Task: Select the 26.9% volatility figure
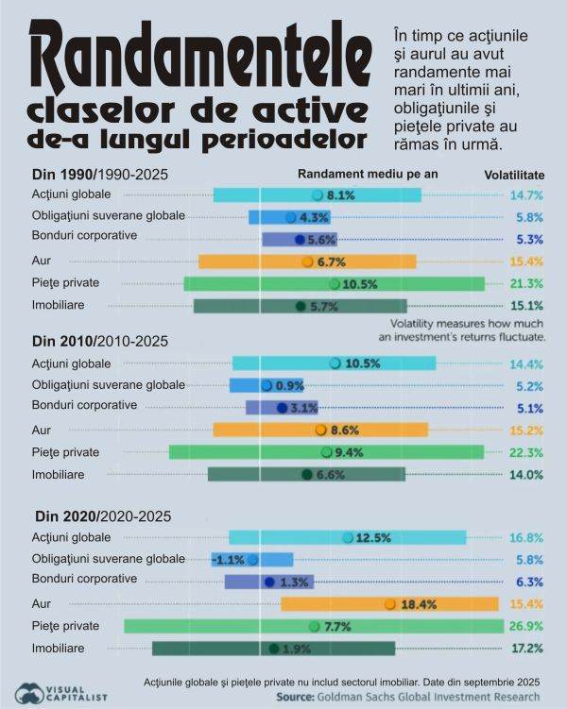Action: click(x=526, y=626)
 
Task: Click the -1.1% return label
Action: click(x=229, y=560)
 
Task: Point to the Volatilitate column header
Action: click(x=514, y=175)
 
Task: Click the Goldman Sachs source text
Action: click(x=407, y=697)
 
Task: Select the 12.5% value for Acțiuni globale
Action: click(x=372, y=538)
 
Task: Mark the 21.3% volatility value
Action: click(x=526, y=283)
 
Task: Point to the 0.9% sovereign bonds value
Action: click(x=289, y=385)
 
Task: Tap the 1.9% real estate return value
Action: click(x=296, y=649)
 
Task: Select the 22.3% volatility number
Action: click(x=526, y=453)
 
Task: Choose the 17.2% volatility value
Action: click(x=526, y=649)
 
